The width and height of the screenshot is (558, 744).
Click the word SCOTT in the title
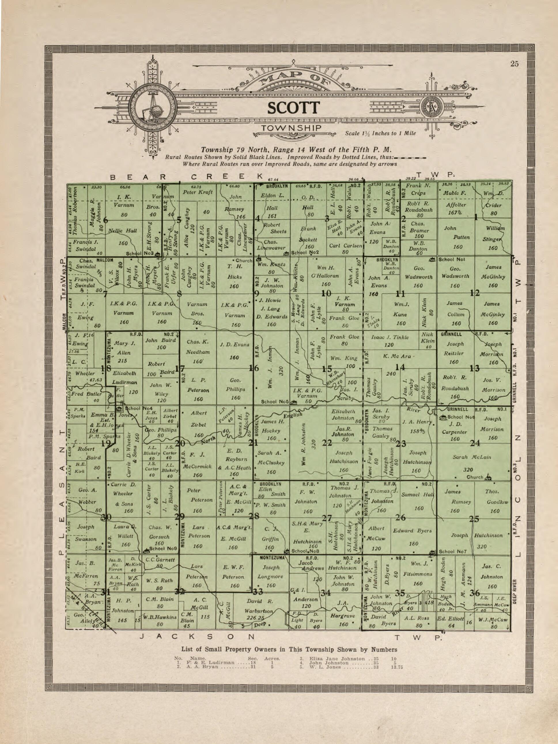tap(293, 108)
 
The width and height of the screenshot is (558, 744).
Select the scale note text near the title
tap(380, 133)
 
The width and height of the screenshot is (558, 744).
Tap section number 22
tap(327, 443)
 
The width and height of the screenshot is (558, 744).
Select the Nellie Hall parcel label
tap(123, 231)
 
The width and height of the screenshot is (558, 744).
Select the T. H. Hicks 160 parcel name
tap(234, 277)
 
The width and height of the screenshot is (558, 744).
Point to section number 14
tap(400, 367)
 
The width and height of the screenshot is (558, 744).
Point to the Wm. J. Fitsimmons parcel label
tap(418, 574)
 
